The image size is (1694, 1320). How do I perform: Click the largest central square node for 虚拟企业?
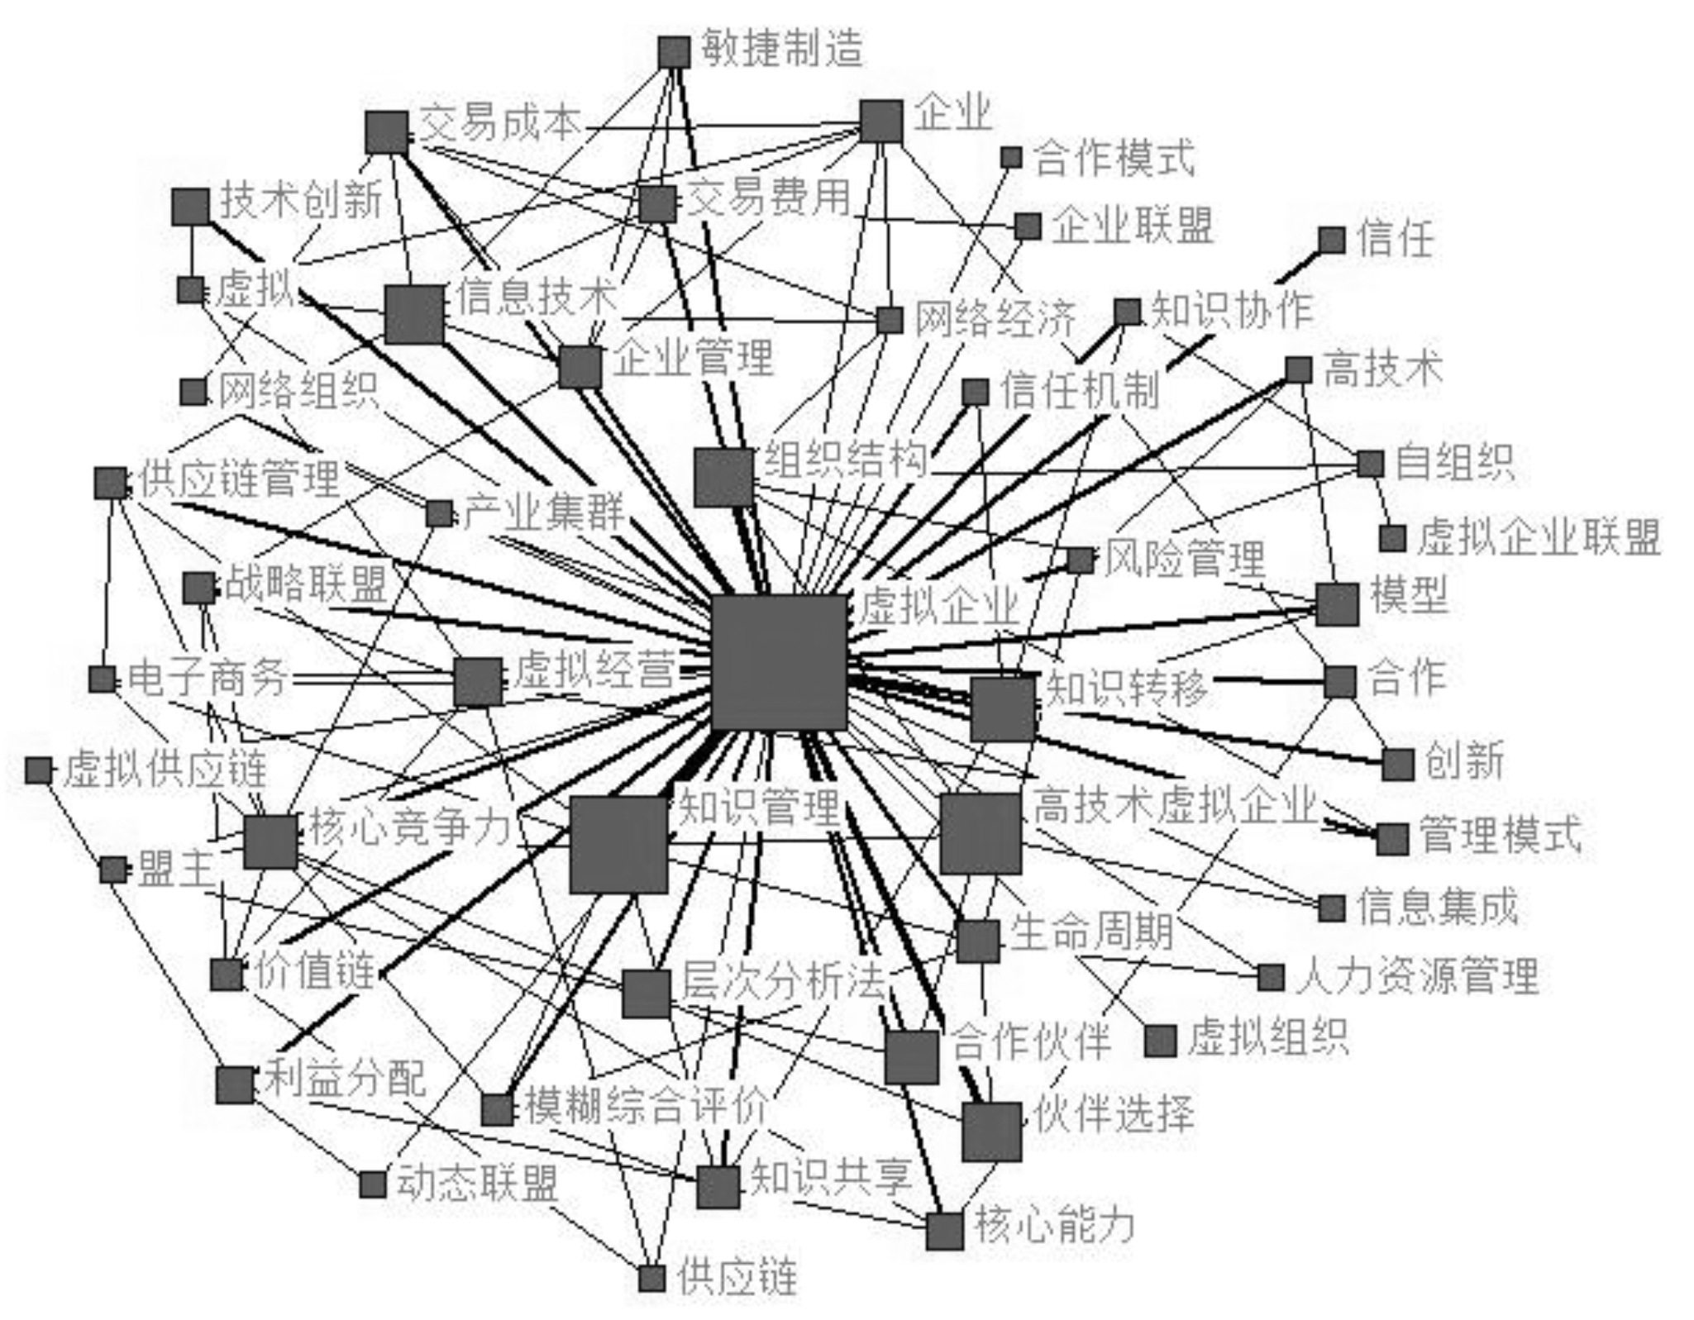tap(780, 662)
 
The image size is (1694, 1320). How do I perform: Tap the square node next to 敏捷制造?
tap(674, 52)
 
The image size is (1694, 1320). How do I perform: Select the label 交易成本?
tap(500, 124)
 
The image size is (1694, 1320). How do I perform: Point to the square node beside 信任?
tap(1331, 241)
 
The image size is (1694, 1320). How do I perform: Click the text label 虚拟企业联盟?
tap(1539, 538)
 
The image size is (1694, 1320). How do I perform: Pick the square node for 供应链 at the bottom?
tap(651, 1279)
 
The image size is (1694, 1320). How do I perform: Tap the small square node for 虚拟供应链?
tap(38, 770)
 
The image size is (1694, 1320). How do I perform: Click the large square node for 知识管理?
tap(618, 845)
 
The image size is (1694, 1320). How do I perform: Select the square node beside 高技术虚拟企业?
tap(981, 833)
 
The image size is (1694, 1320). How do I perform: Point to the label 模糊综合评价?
tap(647, 1106)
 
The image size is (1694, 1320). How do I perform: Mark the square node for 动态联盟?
tap(373, 1184)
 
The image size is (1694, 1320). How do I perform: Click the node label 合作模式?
tap(1114, 158)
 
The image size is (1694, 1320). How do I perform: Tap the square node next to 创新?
tap(1397, 765)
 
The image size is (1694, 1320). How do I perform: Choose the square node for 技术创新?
tap(190, 207)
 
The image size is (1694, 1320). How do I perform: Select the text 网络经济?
tap(995, 318)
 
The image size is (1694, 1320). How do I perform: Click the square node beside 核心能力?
tap(944, 1231)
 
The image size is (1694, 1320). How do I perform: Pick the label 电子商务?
tap(208, 678)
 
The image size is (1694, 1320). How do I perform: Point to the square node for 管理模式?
tap(1392, 839)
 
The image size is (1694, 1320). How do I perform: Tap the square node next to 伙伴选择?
tap(991, 1132)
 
